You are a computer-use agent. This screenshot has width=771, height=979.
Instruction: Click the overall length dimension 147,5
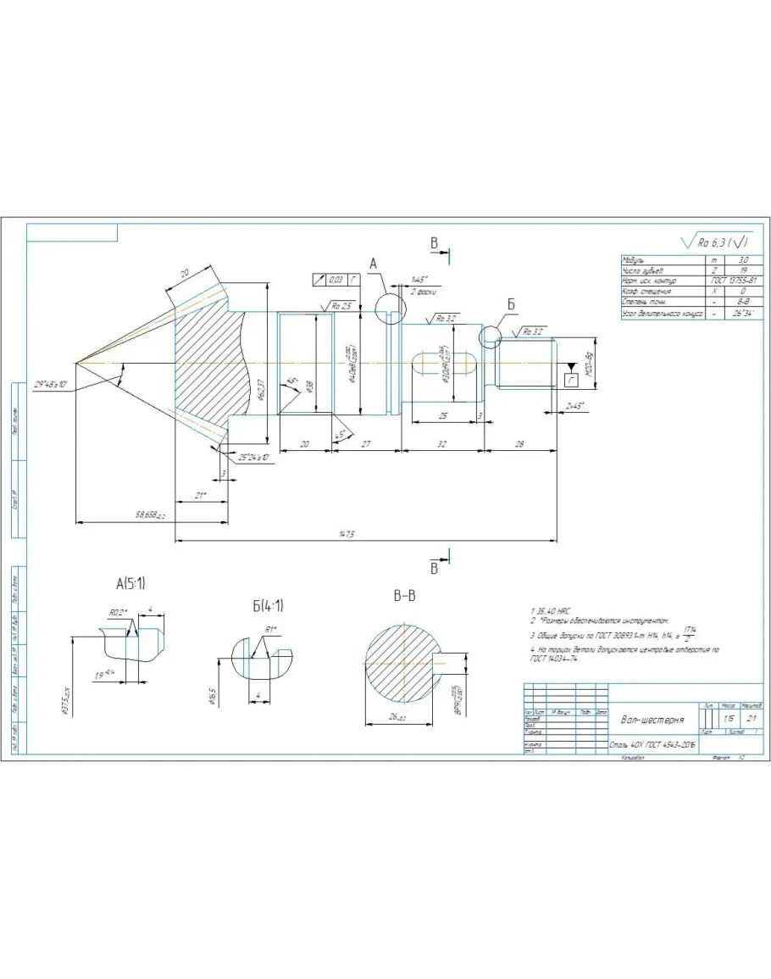(x=346, y=533)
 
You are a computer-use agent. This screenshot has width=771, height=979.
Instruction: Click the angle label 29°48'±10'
(x=52, y=384)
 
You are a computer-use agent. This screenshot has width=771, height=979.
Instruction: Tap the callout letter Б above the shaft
(x=511, y=303)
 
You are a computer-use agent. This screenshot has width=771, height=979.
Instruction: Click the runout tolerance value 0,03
(x=336, y=278)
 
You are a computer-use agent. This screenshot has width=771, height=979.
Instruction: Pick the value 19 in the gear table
(x=743, y=270)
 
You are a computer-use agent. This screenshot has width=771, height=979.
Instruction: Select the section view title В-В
(x=404, y=596)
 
